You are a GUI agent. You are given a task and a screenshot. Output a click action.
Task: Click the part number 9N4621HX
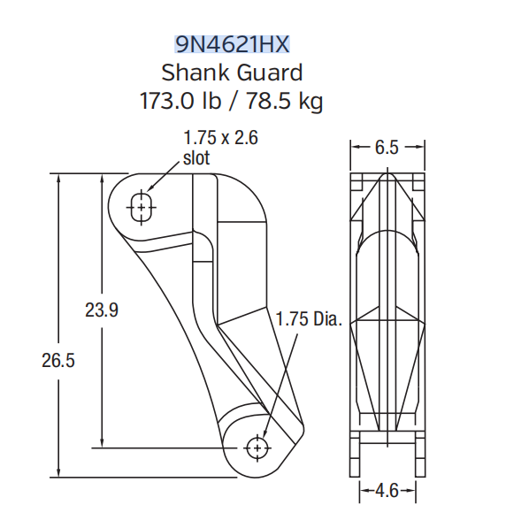point(233,43)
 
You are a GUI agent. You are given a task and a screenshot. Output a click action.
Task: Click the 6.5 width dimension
point(387,148)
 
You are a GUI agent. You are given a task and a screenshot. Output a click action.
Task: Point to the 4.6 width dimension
point(387,489)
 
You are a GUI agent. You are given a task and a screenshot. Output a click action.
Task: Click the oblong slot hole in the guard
point(140,207)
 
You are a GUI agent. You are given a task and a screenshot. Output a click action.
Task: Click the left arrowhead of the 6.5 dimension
point(355,148)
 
